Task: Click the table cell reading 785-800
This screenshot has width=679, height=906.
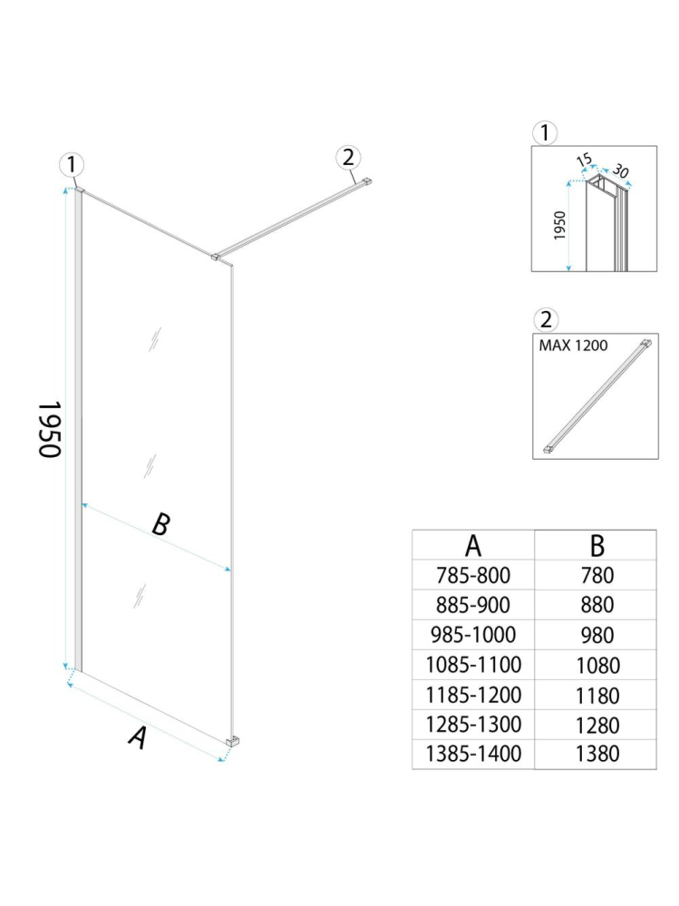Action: pyautogui.click(x=474, y=574)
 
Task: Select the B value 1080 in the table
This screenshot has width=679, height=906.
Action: pyautogui.click(x=597, y=665)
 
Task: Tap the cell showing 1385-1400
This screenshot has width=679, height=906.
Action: pyautogui.click(x=474, y=754)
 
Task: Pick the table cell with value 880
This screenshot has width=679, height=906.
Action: pyautogui.click(x=596, y=605)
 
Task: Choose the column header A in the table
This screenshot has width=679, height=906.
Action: pyautogui.click(x=473, y=546)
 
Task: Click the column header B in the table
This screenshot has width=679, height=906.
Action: pyautogui.click(x=597, y=546)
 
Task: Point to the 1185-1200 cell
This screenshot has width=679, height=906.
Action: pyautogui.click(x=474, y=696)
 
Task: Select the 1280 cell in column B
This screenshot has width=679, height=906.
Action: pyautogui.click(x=597, y=726)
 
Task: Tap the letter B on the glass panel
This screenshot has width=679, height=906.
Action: pyautogui.click(x=160, y=524)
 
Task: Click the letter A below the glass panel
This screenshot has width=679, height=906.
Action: pyautogui.click(x=137, y=737)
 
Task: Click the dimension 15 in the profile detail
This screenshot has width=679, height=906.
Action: pyautogui.click(x=585, y=161)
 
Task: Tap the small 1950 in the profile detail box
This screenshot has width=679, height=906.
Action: pyautogui.click(x=559, y=225)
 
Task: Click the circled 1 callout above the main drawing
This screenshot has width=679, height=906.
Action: pyautogui.click(x=72, y=165)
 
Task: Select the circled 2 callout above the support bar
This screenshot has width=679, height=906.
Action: pyautogui.click(x=347, y=157)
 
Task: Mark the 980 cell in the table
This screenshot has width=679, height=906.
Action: pyautogui.click(x=596, y=635)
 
